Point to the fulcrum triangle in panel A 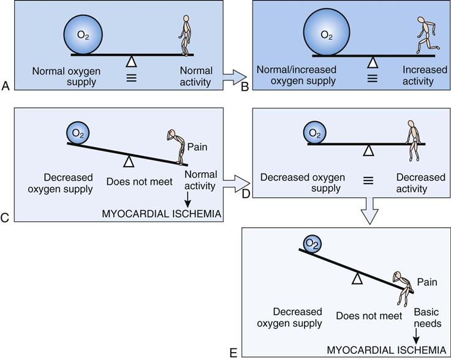[x=131, y=61]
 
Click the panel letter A [x=6, y=88]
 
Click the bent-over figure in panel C [x=178, y=147]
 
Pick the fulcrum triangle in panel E [x=358, y=279]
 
